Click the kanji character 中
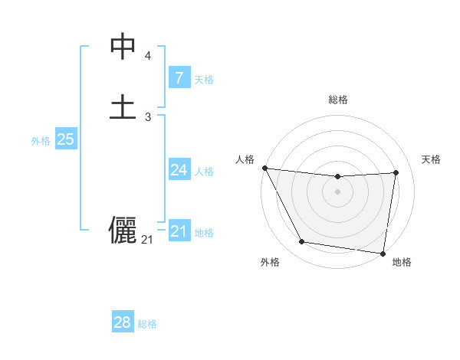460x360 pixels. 123,47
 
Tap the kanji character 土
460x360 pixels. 123,106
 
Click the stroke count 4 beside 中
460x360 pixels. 148,56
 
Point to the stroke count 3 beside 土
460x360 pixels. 148,116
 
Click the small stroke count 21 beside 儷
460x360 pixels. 147,240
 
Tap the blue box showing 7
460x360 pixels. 179,77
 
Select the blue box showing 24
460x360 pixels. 179,170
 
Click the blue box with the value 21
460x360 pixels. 179,231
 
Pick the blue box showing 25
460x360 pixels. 65,139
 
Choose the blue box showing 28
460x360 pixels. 123,322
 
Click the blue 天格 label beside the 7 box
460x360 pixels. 204,80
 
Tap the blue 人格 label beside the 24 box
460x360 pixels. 204,172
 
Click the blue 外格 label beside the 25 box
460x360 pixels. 41,141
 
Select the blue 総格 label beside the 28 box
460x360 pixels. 147,324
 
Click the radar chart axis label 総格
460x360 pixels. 338,100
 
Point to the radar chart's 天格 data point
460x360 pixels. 396,172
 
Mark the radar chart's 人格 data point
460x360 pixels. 264,168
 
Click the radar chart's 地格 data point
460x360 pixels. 383,253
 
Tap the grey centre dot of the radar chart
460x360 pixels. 338,191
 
